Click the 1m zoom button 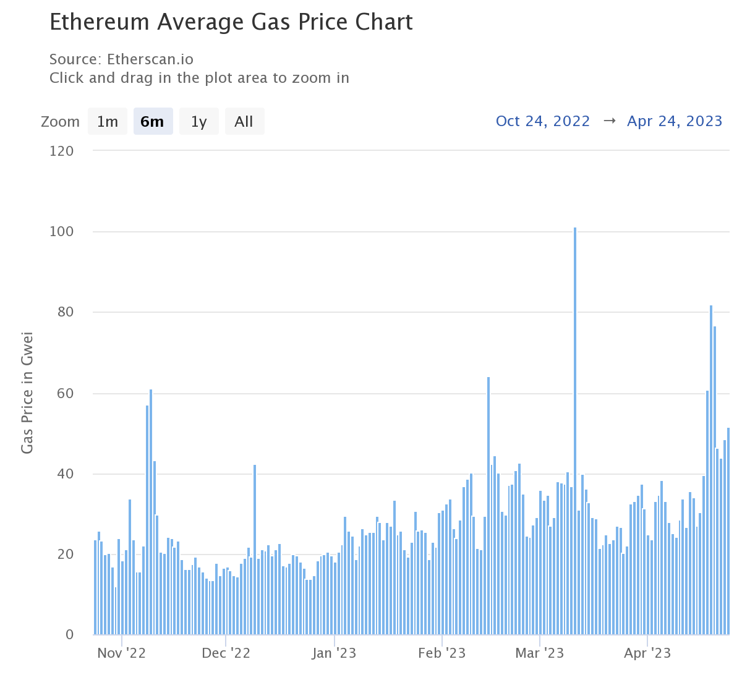tap(108, 121)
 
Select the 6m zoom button tap(153, 121)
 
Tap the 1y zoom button tap(198, 121)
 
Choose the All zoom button tap(244, 121)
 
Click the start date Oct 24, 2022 tap(543, 121)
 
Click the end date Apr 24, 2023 tap(675, 121)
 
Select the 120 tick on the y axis tap(61, 151)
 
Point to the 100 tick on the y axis tap(61, 232)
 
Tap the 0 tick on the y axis tap(69, 635)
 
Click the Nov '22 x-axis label tap(121, 653)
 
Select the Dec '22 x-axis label tap(226, 653)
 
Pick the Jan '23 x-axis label tap(334, 653)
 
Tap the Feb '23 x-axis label tap(441, 653)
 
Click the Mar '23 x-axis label tap(540, 653)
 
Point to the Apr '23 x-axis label tap(647, 653)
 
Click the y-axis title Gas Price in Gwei tap(27, 393)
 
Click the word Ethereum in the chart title tap(100, 22)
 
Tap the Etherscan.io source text tap(150, 59)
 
